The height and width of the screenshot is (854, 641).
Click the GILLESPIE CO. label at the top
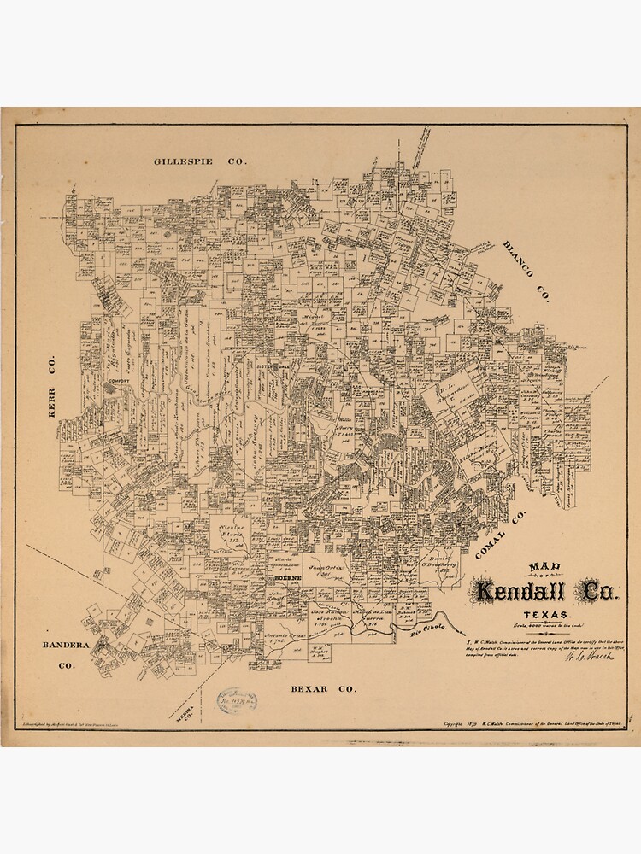(200, 161)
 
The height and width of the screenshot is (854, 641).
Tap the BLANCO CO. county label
(525, 271)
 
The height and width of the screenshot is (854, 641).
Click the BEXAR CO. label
(323, 688)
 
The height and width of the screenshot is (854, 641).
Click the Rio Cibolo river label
(429, 629)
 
